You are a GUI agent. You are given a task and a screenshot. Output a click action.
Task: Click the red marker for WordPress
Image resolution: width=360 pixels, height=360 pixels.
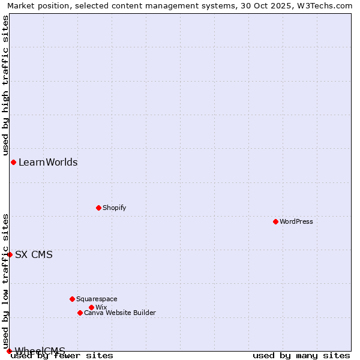(275, 221)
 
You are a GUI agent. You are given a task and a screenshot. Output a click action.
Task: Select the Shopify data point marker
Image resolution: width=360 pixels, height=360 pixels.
(98, 208)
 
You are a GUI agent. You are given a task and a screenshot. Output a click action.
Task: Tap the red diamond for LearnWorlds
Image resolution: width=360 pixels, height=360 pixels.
(13, 162)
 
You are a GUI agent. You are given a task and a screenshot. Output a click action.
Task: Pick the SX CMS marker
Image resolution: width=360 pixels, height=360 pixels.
(10, 254)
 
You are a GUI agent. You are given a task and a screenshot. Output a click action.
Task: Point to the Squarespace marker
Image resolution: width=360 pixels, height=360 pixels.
(72, 299)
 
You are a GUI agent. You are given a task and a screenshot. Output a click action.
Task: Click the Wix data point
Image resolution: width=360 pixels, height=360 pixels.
(91, 307)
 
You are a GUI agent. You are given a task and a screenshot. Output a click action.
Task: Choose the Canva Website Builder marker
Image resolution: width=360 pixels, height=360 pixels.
(80, 313)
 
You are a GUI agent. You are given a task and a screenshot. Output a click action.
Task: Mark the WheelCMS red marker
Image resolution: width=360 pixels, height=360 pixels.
(9, 351)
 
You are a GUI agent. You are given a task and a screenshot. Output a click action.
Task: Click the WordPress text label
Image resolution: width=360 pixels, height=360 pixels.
(296, 221)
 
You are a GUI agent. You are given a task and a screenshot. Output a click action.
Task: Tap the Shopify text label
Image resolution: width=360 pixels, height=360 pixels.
(115, 208)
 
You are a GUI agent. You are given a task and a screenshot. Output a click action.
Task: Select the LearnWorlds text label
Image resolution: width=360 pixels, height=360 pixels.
(48, 162)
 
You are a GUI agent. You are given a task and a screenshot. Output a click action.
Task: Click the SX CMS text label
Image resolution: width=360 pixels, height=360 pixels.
(34, 254)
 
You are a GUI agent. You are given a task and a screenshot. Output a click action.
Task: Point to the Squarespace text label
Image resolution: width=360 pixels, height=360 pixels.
(97, 299)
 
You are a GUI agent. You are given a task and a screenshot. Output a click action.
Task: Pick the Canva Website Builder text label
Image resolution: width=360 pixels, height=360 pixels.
(120, 313)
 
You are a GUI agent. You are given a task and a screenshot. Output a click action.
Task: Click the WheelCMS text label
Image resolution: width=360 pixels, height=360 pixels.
(40, 351)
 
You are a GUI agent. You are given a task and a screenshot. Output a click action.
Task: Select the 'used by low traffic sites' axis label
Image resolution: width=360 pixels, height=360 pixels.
(5, 281)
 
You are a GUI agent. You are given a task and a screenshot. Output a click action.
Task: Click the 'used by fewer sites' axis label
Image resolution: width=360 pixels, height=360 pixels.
(62, 356)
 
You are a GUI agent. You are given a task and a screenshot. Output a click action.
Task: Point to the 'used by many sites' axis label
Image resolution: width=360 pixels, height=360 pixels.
(301, 356)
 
